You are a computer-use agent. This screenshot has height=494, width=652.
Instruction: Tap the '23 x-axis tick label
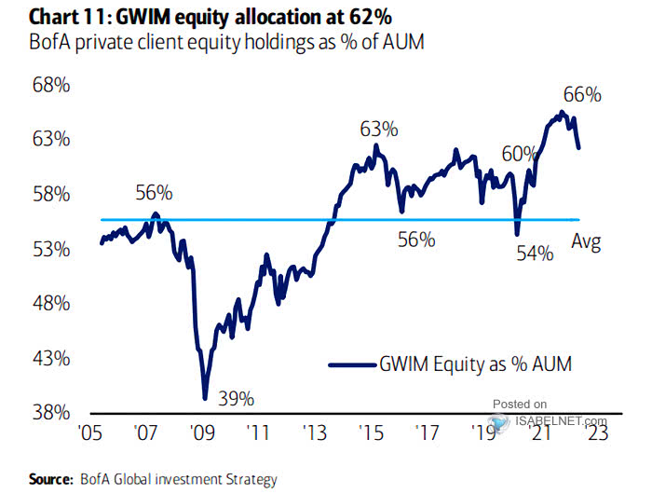point(597,433)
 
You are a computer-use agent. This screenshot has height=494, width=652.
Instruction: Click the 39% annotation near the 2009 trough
point(237,399)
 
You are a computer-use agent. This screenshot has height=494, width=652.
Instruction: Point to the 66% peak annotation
point(583,95)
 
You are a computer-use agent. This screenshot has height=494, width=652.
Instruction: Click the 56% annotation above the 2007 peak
point(154,193)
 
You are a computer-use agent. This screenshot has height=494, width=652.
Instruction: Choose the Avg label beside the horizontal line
point(586,243)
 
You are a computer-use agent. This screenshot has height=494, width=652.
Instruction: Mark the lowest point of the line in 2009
point(205,399)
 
